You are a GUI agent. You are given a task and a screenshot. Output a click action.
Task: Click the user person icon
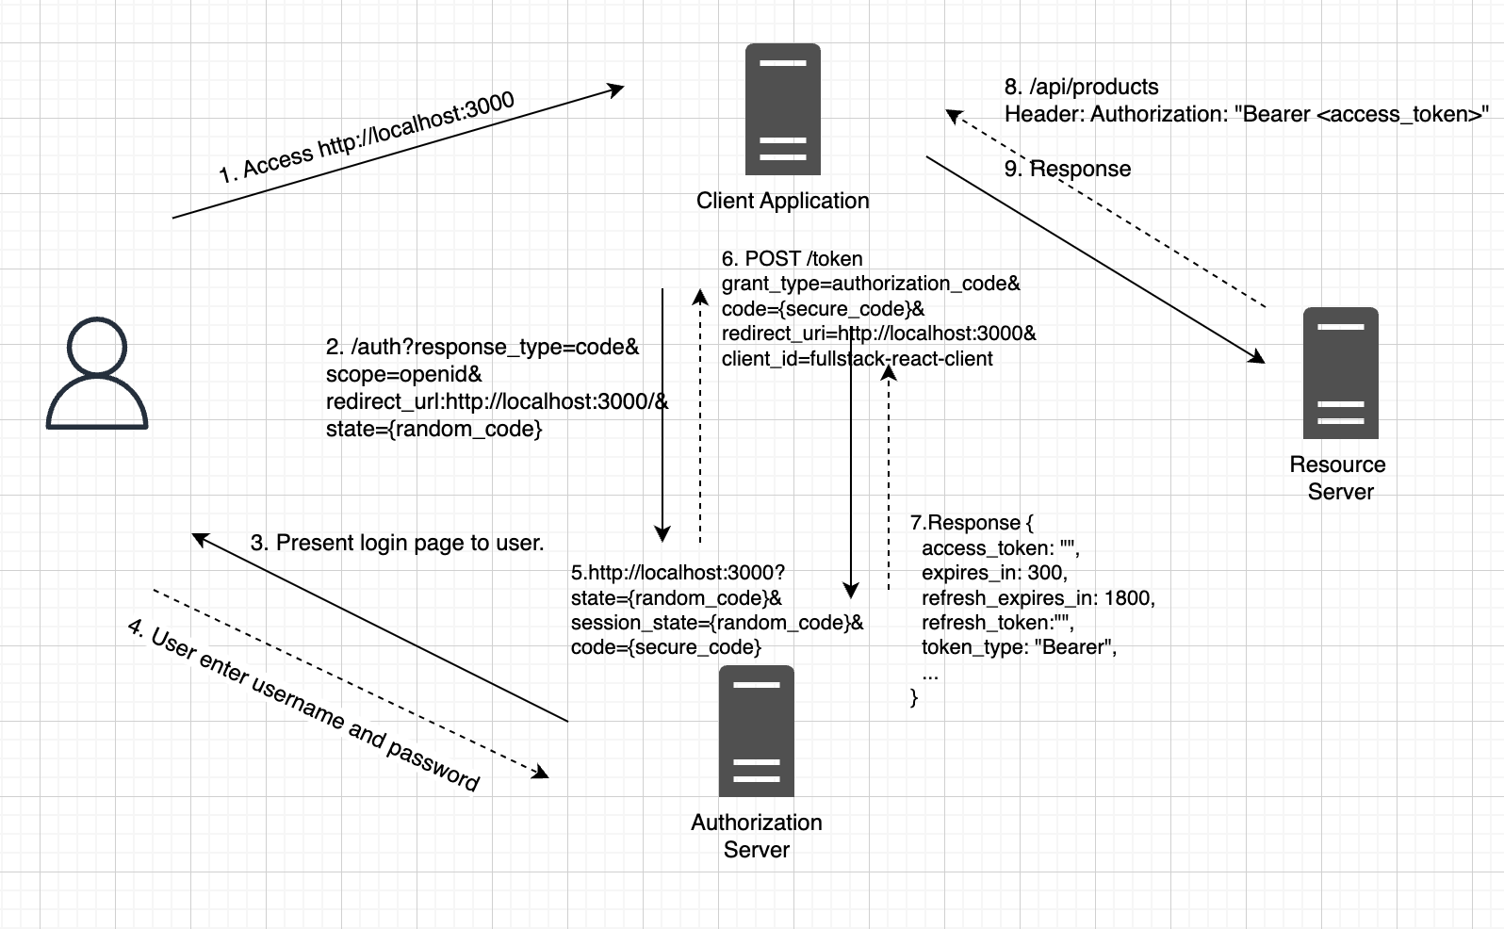tap(97, 373)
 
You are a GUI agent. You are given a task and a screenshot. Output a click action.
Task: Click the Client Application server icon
tap(782, 109)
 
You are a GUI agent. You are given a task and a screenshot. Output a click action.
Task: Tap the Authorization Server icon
tap(756, 731)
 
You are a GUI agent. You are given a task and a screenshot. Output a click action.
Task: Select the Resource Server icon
tap(1340, 373)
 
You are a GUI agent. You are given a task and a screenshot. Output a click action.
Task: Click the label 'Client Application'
tap(782, 201)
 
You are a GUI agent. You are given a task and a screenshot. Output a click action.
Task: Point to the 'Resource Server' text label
tap(1338, 478)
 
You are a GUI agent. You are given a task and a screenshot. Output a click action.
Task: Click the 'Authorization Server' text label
tap(756, 836)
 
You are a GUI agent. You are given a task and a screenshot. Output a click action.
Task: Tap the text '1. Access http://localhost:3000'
tap(367, 138)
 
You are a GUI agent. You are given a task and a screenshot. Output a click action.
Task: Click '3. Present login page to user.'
tap(397, 543)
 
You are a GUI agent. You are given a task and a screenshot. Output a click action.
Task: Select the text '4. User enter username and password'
tap(303, 705)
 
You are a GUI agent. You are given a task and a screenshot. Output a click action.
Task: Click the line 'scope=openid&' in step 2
tap(403, 374)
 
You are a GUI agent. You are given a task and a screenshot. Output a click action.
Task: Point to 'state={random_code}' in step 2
tap(433, 429)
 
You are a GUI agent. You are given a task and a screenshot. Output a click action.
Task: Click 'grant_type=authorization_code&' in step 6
tap(871, 284)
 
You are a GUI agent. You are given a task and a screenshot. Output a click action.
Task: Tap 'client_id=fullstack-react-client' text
tap(857, 359)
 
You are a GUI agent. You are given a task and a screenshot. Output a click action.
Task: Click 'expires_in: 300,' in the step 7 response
tap(994, 573)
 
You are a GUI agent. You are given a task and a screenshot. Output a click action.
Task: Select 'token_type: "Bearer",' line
tap(1019, 647)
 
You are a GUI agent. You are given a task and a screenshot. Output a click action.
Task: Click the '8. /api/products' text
tap(1081, 87)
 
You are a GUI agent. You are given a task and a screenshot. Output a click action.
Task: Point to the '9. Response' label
tap(1067, 169)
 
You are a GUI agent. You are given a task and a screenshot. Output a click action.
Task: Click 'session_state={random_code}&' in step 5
tap(716, 623)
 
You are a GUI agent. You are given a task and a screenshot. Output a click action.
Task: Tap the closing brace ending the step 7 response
tap(913, 698)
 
